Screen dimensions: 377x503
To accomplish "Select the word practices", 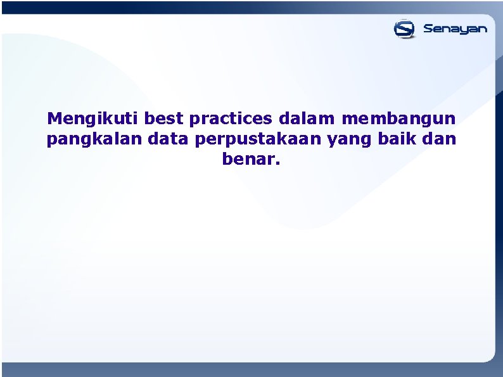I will [x=231, y=118].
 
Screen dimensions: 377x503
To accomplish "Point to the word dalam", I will [x=307, y=118].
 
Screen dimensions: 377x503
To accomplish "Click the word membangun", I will [x=398, y=118].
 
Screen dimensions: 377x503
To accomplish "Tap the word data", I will [x=169, y=139].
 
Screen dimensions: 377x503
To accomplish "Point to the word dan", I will [x=441, y=139].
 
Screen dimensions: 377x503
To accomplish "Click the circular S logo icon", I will [x=404, y=29].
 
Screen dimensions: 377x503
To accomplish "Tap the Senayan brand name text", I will [x=455, y=29].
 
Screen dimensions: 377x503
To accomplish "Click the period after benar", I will [x=276, y=163].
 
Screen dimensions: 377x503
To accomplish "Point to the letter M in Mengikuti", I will [x=54, y=118].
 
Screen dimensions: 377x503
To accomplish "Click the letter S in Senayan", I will [x=428, y=29].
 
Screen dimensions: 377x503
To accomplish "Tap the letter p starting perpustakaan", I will [x=201, y=141].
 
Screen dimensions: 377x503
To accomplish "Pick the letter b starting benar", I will [x=227, y=158].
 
